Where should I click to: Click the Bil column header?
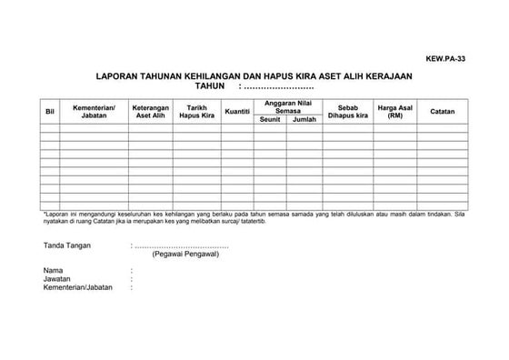tap(49, 111)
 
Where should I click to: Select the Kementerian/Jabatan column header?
tap(94, 111)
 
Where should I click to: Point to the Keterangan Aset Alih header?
tap(150, 111)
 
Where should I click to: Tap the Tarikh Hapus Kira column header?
tap(196, 111)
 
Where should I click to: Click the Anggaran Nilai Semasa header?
tap(288, 106)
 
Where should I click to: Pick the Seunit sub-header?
tap(270, 119)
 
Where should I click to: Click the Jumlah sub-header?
tap(304, 119)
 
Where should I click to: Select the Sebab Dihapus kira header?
tap(348, 111)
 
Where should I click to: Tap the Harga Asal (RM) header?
tap(394, 111)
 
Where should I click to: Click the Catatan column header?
tap(443, 111)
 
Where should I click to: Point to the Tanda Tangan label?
tap(67, 245)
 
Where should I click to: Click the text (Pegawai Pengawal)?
tap(185, 255)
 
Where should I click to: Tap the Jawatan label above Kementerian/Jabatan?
tap(57, 278)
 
